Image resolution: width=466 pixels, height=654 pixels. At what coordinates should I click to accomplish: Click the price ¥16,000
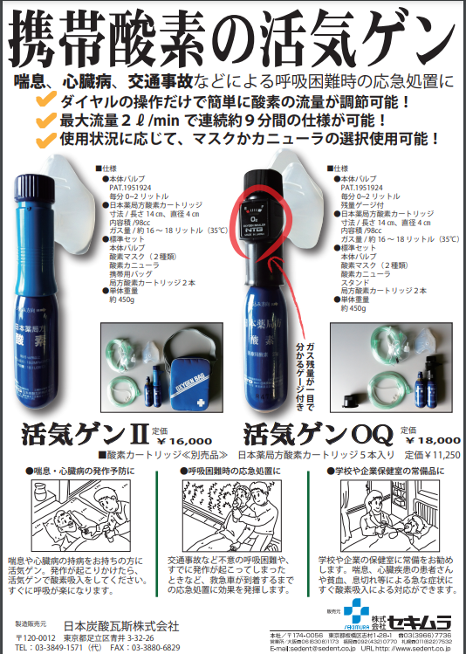182,441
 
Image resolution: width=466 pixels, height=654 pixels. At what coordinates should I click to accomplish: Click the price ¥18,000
427,441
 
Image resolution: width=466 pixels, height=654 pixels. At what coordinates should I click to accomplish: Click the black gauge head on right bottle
261,209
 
